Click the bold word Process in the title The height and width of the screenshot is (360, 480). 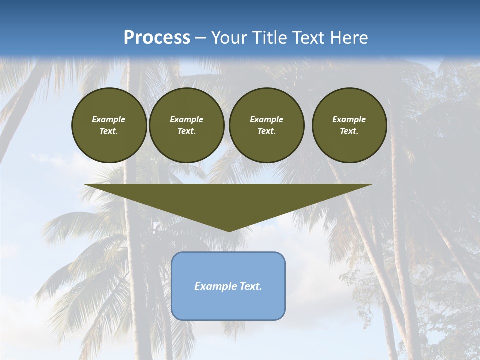coord(157,38)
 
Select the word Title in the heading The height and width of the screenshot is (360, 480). coord(271,38)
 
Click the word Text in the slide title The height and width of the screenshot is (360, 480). coord(309,38)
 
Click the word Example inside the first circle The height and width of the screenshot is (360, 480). coord(109,119)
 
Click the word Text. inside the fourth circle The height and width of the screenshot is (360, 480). coord(349,131)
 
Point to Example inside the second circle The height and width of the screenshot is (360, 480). coord(186,119)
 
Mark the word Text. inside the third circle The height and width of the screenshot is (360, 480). coord(266,131)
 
